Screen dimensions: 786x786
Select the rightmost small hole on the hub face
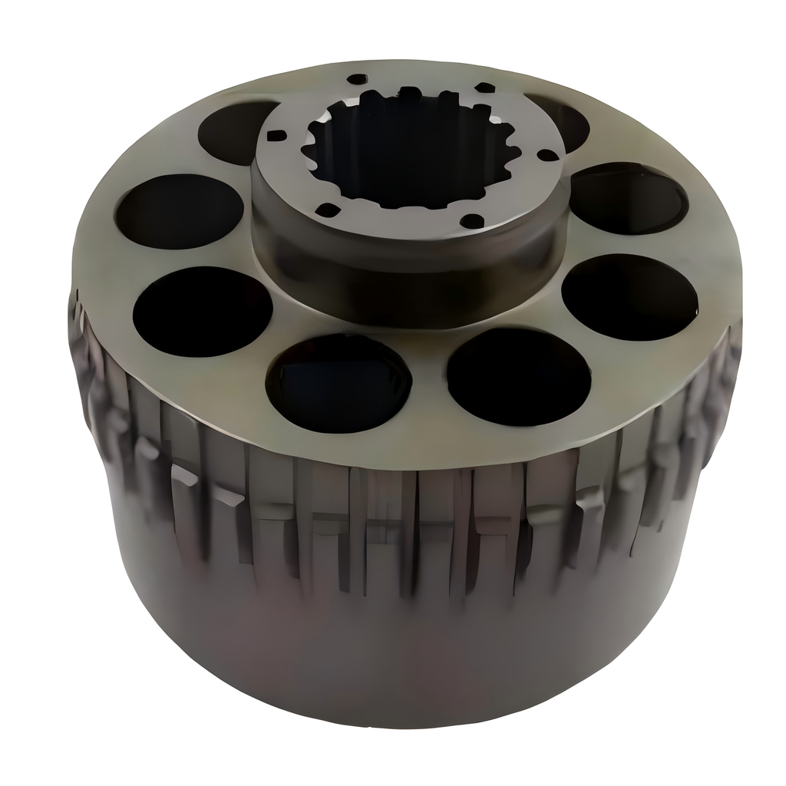(547, 155)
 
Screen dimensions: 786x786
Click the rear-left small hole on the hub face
(357, 79)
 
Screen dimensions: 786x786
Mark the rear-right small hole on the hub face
(485, 88)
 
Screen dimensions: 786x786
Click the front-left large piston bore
(339, 382)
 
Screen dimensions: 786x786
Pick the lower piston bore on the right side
(629, 297)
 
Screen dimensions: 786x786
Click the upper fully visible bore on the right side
(628, 199)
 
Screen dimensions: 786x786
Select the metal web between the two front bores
(430, 368)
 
